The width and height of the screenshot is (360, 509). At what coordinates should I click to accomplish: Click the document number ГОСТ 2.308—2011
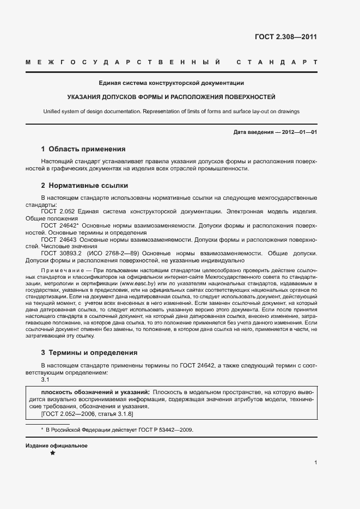(x=285, y=37)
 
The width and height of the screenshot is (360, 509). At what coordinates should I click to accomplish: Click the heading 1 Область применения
(x=83, y=149)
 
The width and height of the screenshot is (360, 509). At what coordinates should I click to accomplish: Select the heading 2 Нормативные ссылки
(x=84, y=185)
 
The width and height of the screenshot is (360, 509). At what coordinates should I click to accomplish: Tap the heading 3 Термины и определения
(x=89, y=352)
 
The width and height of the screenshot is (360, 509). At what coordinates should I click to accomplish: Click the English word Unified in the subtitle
(x=53, y=112)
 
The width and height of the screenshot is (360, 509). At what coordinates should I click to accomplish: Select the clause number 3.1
(x=46, y=379)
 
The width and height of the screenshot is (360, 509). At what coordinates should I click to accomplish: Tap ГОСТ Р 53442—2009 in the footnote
(x=166, y=430)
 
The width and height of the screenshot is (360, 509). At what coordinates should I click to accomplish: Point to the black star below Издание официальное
(x=52, y=453)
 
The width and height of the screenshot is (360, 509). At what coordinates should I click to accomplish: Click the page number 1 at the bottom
(x=316, y=463)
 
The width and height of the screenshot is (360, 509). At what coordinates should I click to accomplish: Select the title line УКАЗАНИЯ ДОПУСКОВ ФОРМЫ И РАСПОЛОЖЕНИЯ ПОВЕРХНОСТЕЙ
(x=171, y=97)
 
